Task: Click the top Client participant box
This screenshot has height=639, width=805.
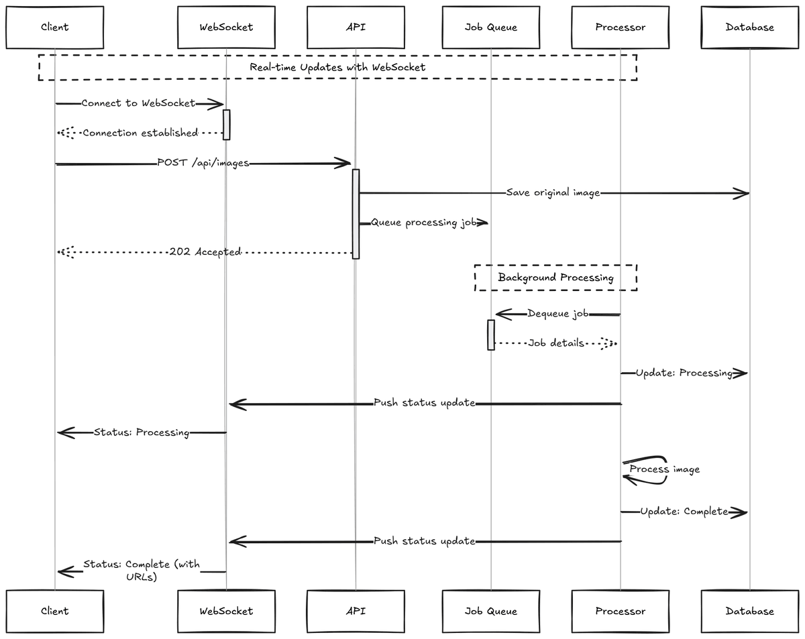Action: point(54,27)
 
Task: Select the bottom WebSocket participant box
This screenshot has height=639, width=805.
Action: point(226,611)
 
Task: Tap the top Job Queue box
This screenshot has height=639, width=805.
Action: point(491,27)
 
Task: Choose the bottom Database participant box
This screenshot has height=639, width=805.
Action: point(749,611)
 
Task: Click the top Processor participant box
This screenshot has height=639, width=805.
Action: point(621,27)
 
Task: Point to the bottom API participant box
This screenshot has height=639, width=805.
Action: point(356,611)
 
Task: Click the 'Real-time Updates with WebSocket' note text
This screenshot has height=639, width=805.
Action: point(337,67)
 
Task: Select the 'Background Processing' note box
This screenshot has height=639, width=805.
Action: point(555,278)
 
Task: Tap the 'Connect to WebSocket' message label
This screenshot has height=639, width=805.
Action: point(138,103)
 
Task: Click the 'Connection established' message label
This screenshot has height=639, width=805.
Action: point(140,133)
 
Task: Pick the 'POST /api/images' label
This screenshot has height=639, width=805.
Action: point(203,163)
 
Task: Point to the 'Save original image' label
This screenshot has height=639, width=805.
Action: point(553,192)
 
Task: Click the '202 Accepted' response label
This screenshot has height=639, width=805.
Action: point(205,251)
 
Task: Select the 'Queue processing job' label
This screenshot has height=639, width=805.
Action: point(424,223)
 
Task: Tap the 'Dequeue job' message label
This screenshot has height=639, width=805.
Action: point(558,313)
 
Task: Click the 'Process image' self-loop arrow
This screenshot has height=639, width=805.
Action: point(645,470)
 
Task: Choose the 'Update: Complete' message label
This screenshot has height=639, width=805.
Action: point(684,511)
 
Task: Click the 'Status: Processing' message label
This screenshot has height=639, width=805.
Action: point(142,432)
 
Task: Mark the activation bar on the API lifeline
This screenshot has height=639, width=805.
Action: point(356,214)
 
